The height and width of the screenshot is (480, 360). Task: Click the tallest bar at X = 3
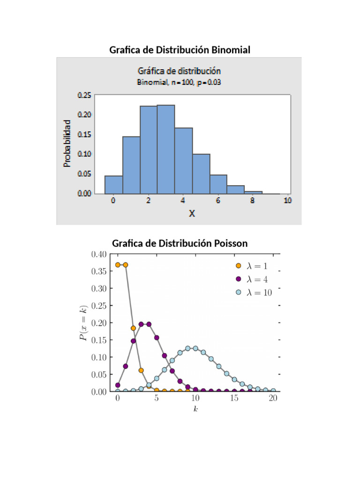(166, 149)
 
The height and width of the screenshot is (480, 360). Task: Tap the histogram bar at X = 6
(218, 184)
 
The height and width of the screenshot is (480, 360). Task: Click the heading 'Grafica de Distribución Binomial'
(180, 50)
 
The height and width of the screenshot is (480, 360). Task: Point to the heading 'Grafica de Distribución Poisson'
(180, 243)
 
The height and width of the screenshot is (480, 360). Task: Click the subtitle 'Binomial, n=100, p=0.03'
(179, 82)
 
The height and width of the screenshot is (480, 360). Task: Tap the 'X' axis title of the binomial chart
(192, 213)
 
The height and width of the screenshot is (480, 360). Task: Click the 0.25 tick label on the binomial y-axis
(84, 94)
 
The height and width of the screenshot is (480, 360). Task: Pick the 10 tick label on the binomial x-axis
(287, 201)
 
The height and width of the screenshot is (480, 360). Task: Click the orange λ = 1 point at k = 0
(118, 265)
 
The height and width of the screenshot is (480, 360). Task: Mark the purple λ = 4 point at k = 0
(118, 385)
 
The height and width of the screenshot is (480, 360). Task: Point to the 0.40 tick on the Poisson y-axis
(98, 254)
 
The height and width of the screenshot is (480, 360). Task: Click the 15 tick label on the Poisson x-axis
(234, 398)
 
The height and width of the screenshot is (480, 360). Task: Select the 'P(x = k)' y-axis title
(83, 323)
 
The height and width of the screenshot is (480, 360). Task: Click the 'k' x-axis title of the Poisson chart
(195, 409)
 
